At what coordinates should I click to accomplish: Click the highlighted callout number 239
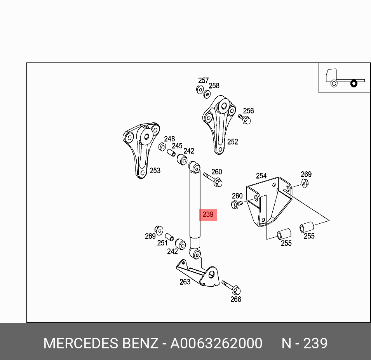[x=208, y=214]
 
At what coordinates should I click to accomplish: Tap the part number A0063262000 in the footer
[x=216, y=343]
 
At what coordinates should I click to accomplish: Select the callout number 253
[x=155, y=170]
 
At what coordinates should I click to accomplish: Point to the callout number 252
[x=232, y=142]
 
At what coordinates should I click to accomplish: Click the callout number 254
[x=261, y=176]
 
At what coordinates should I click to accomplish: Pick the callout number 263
[x=185, y=282]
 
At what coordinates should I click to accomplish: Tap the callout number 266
[x=236, y=299]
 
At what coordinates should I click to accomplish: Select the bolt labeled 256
[x=244, y=119]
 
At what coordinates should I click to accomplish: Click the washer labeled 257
[x=200, y=89]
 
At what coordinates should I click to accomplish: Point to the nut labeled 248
[x=162, y=146]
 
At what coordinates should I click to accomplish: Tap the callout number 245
[x=177, y=146]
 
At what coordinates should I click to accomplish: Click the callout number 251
[x=162, y=243]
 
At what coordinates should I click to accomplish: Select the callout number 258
[x=214, y=85]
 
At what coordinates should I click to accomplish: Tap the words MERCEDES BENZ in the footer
[x=101, y=343]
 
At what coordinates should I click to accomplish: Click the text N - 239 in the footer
[x=305, y=343]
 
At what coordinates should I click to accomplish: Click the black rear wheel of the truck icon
[x=354, y=83]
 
